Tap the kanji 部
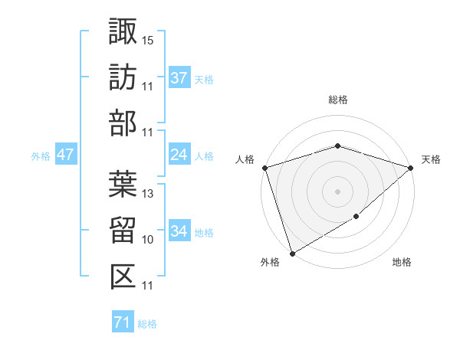point(123,123)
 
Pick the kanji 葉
point(123,184)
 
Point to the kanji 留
point(123,230)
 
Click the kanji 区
point(123,276)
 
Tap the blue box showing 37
point(179,77)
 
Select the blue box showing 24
point(179,155)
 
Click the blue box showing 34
point(179,231)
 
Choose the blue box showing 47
point(65,155)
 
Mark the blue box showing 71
point(122,322)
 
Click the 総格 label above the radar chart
point(338,100)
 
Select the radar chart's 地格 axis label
point(402,263)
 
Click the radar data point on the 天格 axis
point(412,167)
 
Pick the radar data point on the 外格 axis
point(292,253)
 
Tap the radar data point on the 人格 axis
point(264,167)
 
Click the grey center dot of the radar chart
point(338,191)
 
